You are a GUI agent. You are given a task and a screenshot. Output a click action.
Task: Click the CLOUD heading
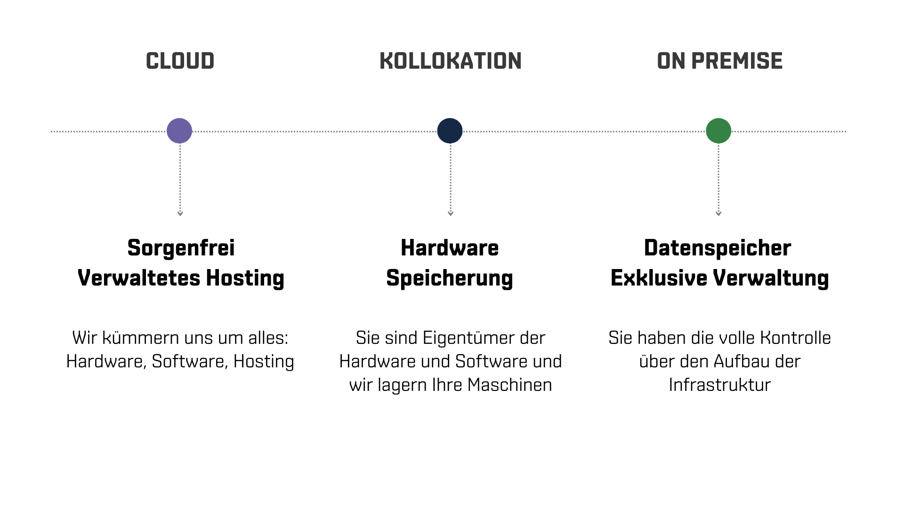(180, 61)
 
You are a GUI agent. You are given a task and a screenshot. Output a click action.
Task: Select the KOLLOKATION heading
(450, 61)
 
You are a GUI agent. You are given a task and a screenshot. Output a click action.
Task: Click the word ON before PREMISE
(671, 61)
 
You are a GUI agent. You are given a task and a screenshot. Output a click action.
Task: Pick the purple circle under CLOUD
(179, 131)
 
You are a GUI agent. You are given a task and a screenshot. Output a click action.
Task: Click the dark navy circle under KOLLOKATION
(450, 131)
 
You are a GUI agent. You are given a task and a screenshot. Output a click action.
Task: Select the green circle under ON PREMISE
(718, 131)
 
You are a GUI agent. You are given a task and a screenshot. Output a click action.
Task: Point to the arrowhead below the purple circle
(180, 214)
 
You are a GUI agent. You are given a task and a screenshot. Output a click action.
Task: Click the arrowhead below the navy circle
(451, 214)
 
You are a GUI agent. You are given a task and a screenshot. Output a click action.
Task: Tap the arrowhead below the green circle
(718, 214)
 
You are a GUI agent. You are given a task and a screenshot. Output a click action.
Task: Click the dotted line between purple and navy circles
(315, 132)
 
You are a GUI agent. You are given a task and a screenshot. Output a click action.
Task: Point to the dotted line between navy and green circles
(584, 132)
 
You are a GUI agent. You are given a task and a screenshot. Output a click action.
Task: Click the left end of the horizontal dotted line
(52, 132)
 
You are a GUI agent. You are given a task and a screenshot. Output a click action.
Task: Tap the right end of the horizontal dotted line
(845, 132)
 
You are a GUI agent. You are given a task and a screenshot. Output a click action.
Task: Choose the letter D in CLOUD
(207, 61)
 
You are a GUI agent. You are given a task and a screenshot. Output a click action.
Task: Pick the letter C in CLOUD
(152, 61)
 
